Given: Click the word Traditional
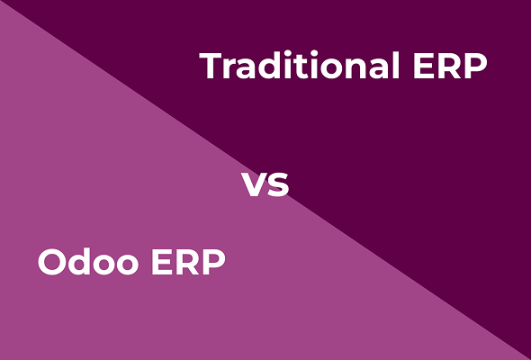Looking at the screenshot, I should pos(299,66).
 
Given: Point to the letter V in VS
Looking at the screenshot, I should pos(254,185).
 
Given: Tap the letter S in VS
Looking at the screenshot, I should pos(278,185).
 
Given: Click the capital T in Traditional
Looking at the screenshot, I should pos(211,66).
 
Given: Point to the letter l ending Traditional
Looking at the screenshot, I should pos(393,65).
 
